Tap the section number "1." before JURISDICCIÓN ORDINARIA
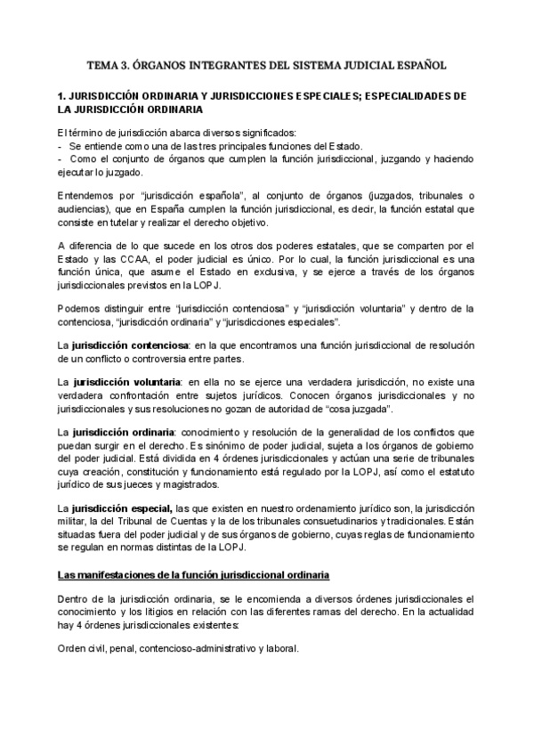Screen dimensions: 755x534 (x=61, y=95)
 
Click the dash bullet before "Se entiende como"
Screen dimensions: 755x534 (x=59, y=146)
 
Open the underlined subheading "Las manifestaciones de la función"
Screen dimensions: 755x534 (x=193, y=572)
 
